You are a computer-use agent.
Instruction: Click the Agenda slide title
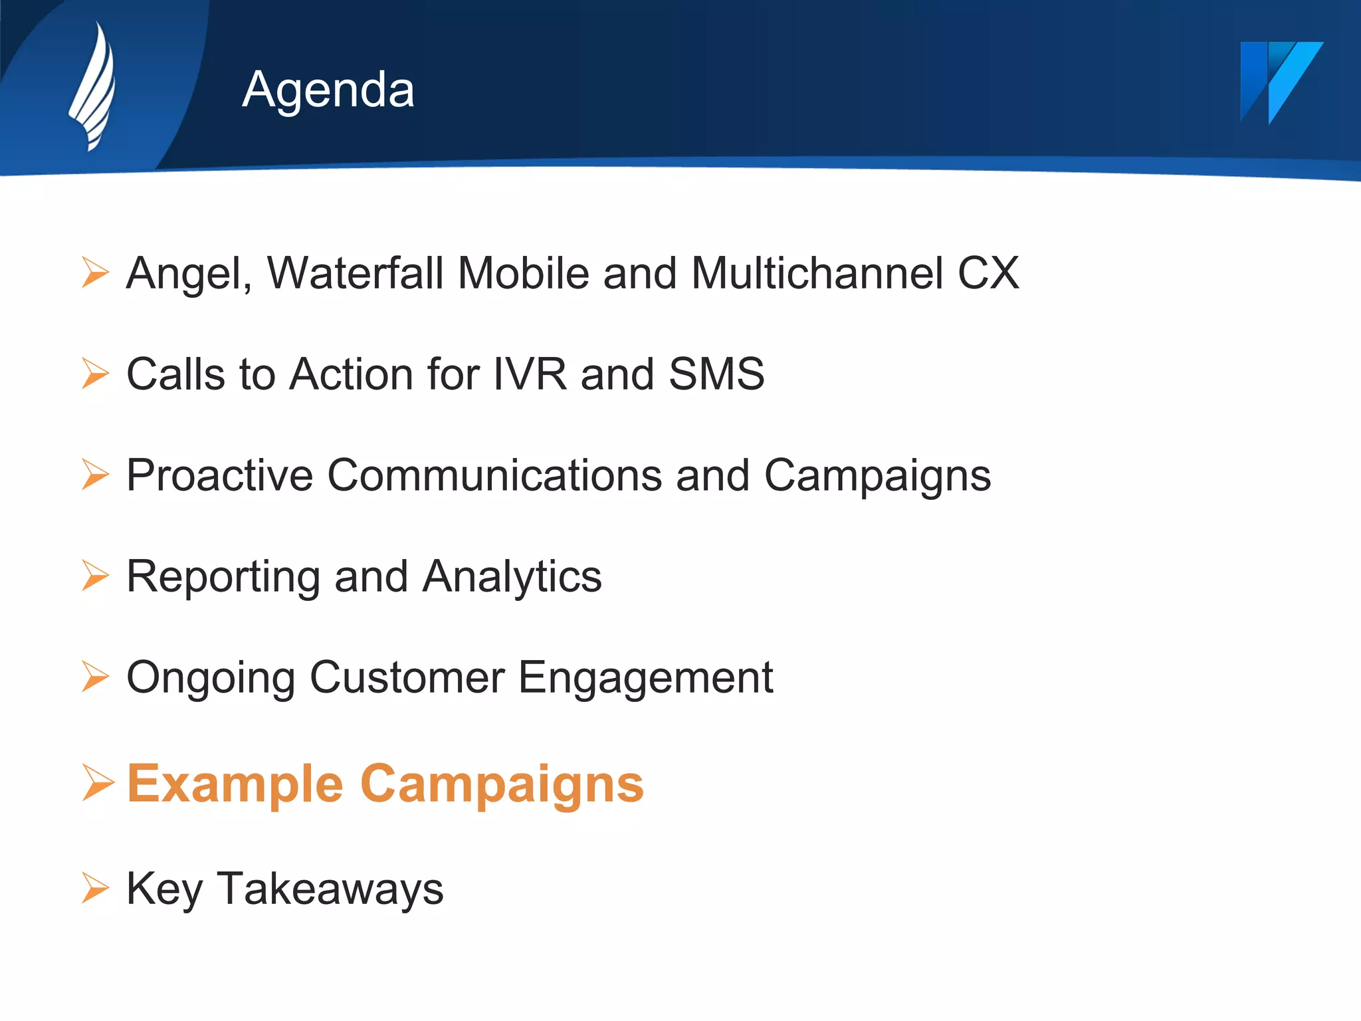pos(328,89)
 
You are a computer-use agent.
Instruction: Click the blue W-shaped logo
pos(1280,82)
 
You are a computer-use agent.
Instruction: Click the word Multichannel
pos(817,273)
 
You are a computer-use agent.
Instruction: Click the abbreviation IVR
pos(530,374)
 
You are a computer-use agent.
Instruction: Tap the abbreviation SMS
pos(716,374)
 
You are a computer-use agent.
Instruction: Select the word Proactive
pos(219,475)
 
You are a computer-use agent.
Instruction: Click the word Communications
pos(494,475)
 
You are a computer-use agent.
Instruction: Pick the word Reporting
pos(223,578)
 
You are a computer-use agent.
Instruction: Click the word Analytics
pos(512,576)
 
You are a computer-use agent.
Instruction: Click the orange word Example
pos(235,784)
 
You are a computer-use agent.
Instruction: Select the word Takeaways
pos(330,889)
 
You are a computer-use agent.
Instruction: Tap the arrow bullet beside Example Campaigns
pos(97,782)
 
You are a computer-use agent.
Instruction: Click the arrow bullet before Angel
pos(95,273)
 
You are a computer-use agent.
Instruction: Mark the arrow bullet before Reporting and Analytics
pos(95,575)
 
